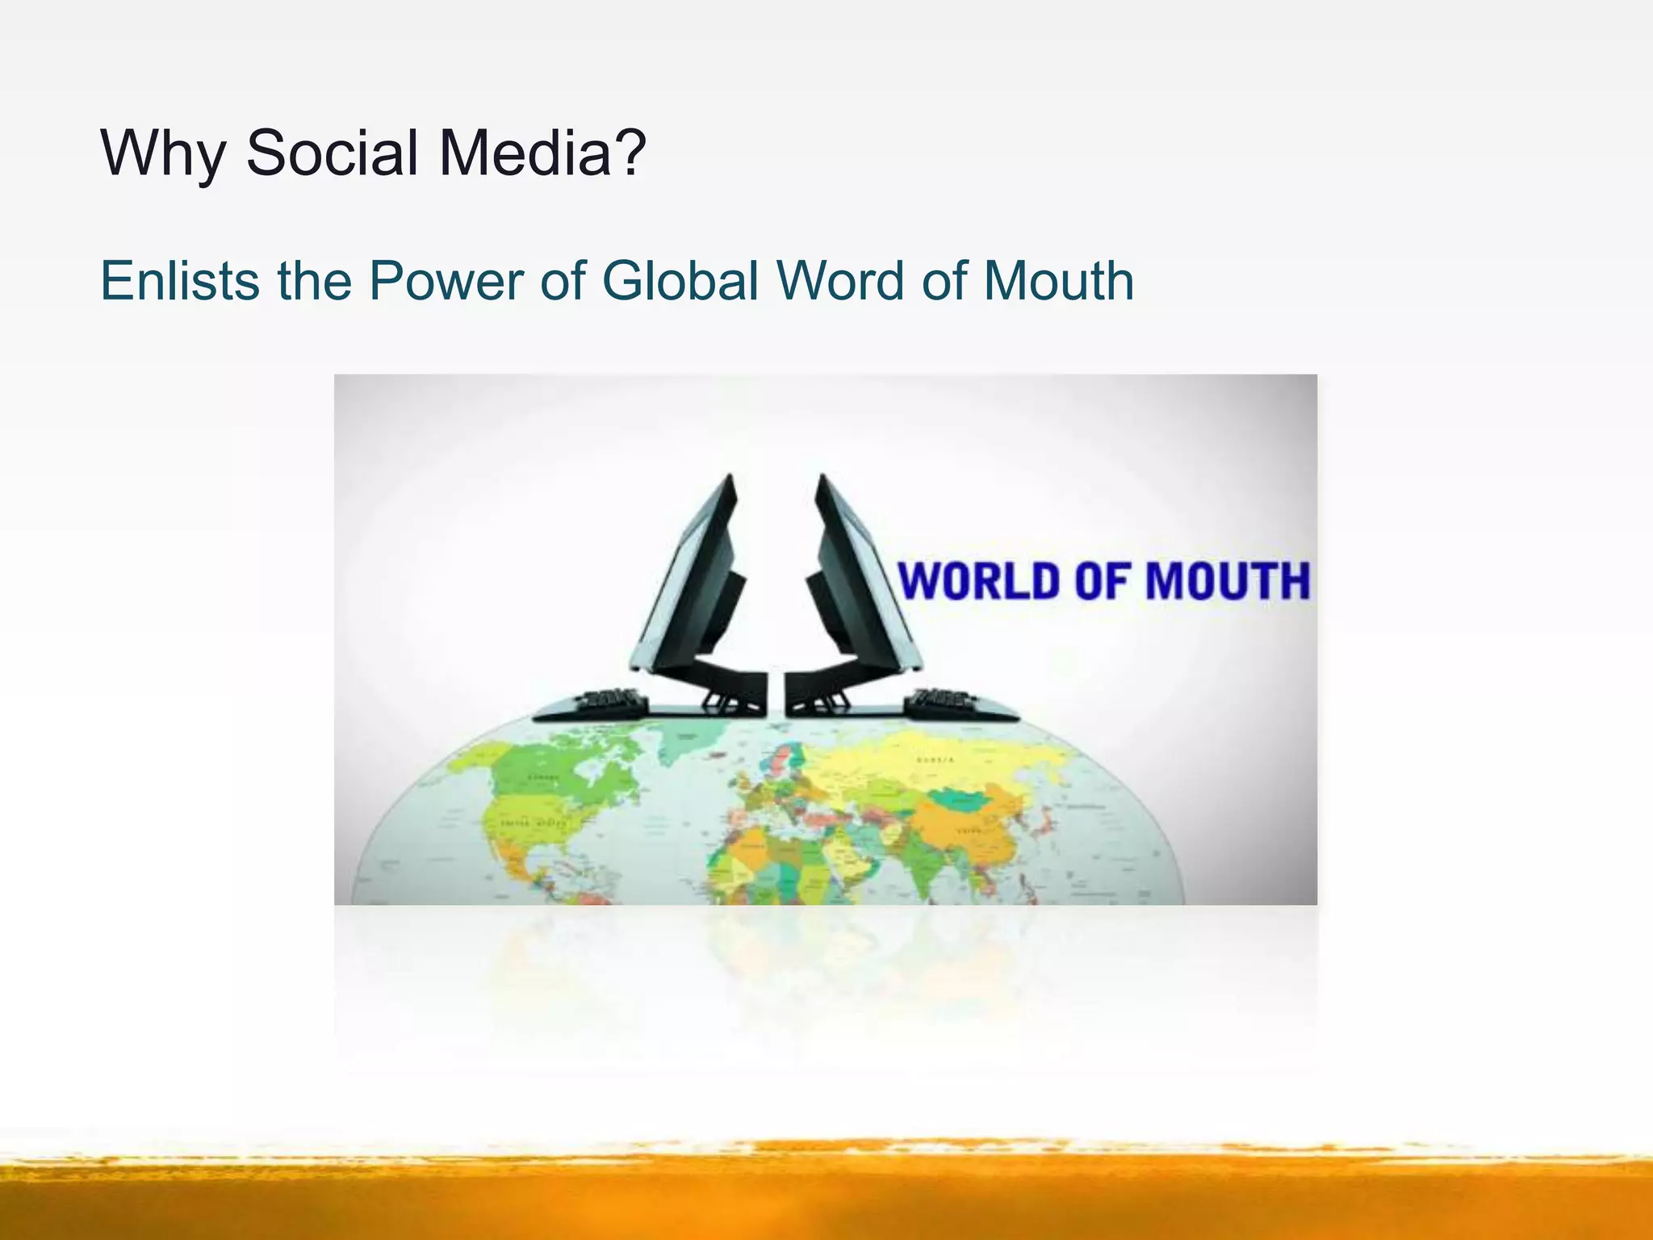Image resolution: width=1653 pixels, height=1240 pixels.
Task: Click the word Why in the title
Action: point(162,153)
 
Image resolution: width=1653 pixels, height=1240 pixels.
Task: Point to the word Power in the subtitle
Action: point(446,281)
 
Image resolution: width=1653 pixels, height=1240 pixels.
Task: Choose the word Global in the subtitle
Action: point(680,281)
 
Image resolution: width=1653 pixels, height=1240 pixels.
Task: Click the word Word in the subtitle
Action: point(839,281)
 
